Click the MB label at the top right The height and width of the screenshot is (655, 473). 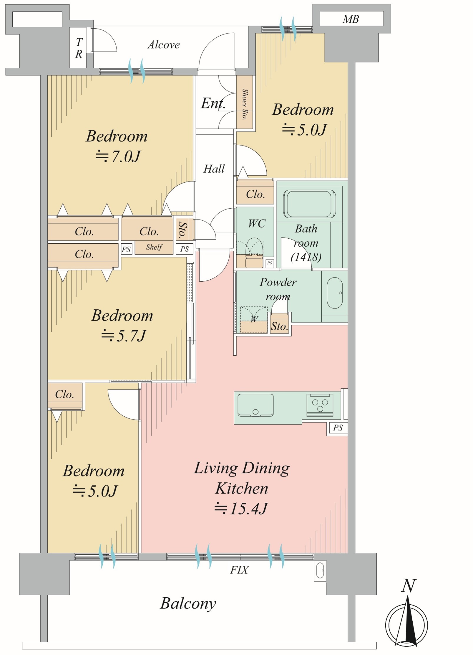pyautogui.click(x=351, y=19)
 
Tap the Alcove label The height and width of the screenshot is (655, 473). pyautogui.click(x=164, y=45)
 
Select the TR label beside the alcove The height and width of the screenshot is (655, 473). pyautogui.click(x=79, y=48)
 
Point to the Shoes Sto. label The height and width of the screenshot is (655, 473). pyautogui.click(x=245, y=104)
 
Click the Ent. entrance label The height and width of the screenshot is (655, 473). pyautogui.click(x=213, y=103)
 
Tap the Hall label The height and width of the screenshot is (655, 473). pyautogui.click(x=214, y=169)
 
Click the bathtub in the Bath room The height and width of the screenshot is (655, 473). pyautogui.click(x=309, y=204)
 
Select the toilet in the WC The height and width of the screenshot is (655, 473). pyautogui.click(x=254, y=252)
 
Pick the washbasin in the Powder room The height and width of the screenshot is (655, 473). pyautogui.click(x=335, y=293)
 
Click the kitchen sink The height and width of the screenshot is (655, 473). pyautogui.click(x=255, y=405)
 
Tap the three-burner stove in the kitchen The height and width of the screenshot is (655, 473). pyautogui.click(x=320, y=405)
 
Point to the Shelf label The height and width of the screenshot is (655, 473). pyautogui.click(x=154, y=247)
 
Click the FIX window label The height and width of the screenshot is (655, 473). pyautogui.click(x=239, y=570)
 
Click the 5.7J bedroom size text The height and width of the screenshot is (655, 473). pyautogui.click(x=124, y=336)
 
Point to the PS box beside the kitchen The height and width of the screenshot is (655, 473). pyautogui.click(x=338, y=428)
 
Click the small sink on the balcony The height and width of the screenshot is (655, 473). pyautogui.click(x=320, y=571)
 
